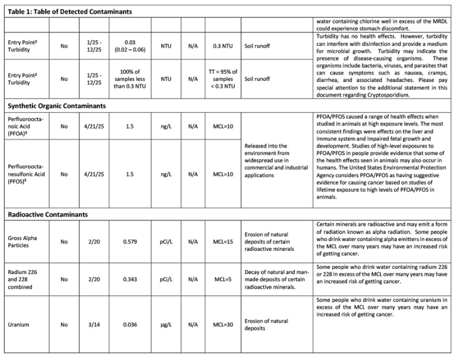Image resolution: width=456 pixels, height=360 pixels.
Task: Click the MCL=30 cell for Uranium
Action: (224, 325)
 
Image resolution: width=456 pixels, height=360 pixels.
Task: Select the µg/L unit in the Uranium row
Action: (166, 325)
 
